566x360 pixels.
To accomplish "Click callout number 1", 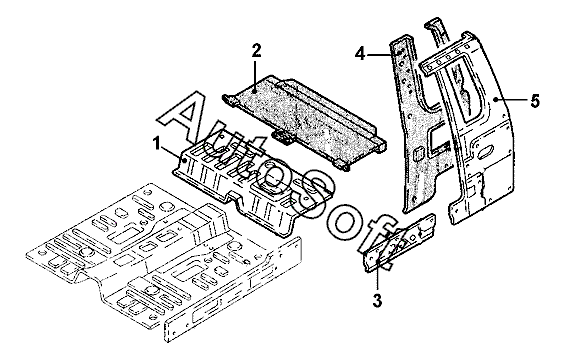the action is point(156,144).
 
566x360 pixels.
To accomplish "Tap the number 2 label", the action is point(256,51).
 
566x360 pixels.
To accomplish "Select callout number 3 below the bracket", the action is point(377,300).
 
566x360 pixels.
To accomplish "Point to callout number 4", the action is point(360,55).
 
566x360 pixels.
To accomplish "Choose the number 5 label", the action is point(535,100).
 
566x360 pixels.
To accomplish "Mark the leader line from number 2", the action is point(255,76).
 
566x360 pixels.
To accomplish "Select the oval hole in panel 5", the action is point(486,151).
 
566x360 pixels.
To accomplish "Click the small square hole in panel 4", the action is point(418,154).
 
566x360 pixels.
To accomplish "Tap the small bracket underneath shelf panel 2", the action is point(283,137).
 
